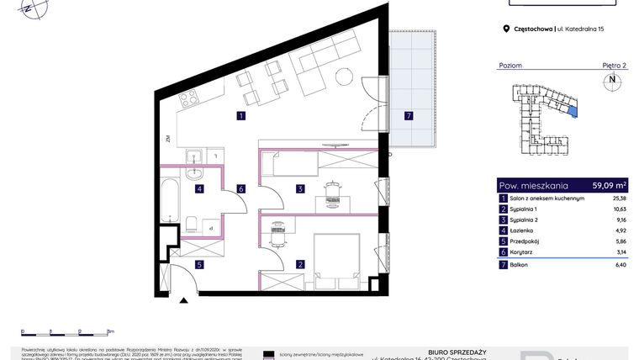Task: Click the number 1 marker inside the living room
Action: click(x=240, y=116)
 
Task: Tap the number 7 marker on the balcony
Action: click(x=409, y=115)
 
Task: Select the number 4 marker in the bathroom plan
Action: click(x=199, y=189)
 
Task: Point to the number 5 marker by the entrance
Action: click(x=199, y=265)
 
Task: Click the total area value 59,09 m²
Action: click(x=609, y=185)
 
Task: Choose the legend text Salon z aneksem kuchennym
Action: click(x=547, y=199)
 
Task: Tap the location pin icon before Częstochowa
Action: click(x=506, y=29)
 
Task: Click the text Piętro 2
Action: click(x=614, y=65)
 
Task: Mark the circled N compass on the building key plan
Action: click(x=611, y=82)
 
